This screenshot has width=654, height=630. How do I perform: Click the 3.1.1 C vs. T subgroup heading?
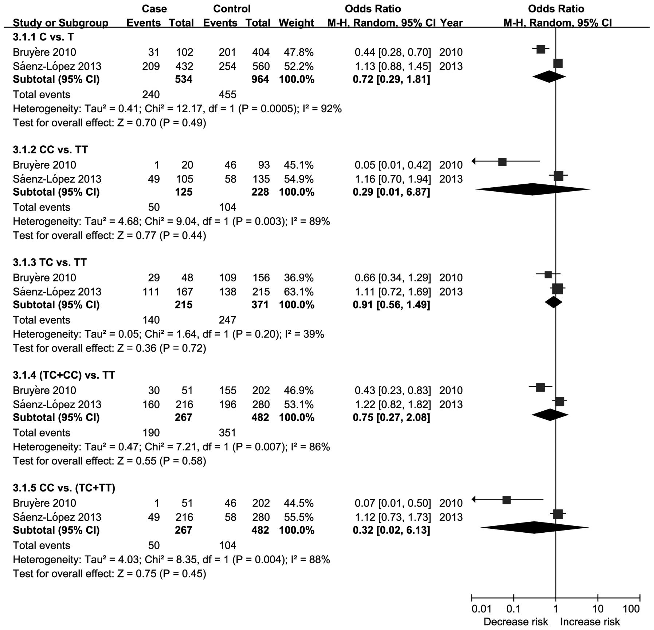point(43,37)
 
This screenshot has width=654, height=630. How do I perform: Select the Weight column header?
point(296,23)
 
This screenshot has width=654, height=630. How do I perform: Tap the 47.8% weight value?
point(298,52)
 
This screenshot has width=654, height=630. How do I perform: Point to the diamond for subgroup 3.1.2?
point(533,189)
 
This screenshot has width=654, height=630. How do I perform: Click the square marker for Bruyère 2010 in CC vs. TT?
point(502,162)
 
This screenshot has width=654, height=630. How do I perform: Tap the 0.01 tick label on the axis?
point(481,609)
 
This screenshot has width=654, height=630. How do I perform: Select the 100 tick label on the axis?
point(631,609)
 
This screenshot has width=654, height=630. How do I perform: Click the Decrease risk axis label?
point(515,622)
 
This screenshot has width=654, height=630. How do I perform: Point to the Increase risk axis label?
point(590,622)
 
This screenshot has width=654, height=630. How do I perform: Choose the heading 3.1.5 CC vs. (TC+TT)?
point(64,488)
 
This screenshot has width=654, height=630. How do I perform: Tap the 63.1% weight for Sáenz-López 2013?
point(298,291)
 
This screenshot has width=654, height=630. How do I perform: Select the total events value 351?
point(227,433)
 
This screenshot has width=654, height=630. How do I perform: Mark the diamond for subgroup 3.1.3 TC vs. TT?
point(553,302)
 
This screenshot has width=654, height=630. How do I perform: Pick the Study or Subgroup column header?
point(60,23)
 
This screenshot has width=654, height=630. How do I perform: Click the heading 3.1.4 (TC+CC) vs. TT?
point(64,375)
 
